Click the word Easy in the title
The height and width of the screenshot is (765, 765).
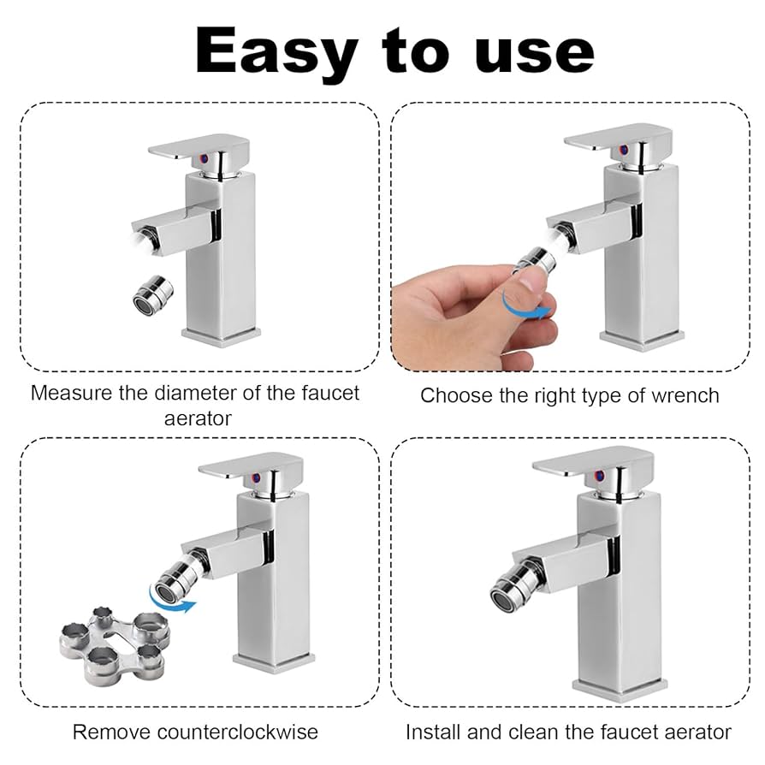[x=276, y=52]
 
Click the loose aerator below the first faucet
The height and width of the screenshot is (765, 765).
[x=152, y=294]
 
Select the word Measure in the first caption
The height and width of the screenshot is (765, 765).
[x=71, y=393]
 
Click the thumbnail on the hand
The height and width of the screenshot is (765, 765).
[x=529, y=282]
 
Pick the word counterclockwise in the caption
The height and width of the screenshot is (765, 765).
[x=238, y=732]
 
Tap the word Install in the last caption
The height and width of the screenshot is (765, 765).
[x=434, y=732]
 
